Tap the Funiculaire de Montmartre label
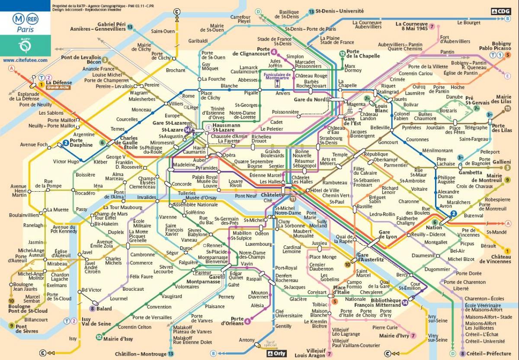point(277,76)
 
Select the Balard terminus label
point(104,309)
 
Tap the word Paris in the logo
point(25,29)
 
